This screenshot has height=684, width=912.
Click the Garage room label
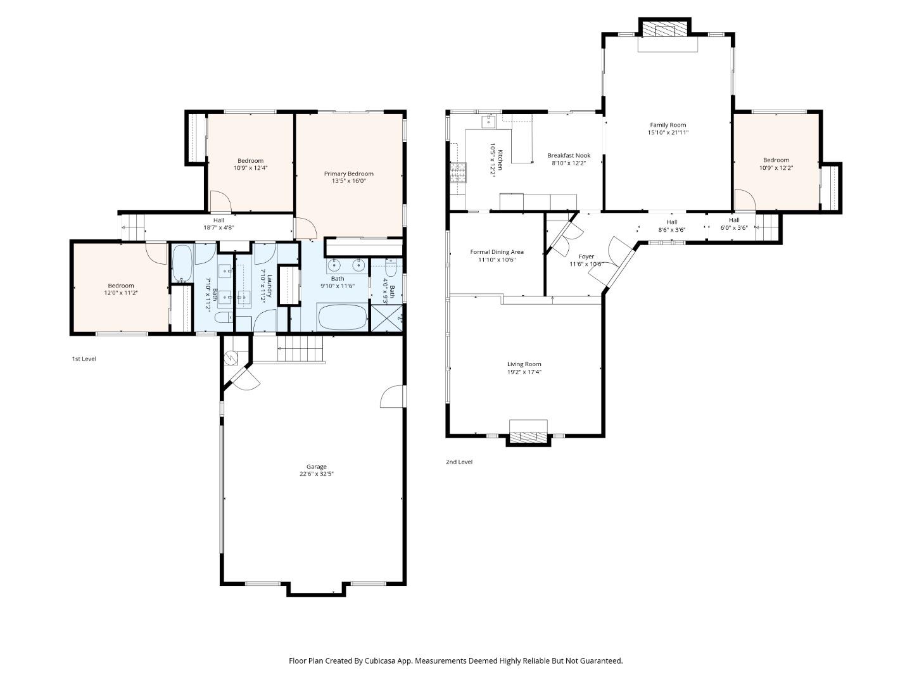tap(317, 467)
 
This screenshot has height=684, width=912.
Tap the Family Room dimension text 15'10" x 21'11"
tap(668, 133)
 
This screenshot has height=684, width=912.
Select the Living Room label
tap(524, 364)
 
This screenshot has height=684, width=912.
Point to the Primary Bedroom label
tap(348, 174)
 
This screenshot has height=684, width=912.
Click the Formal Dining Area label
tap(497, 252)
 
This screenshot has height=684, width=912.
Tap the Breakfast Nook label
tap(568, 155)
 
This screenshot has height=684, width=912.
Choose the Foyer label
tap(586, 256)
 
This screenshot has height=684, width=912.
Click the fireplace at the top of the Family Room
tap(665, 29)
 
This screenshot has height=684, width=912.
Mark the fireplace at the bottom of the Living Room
tap(528, 436)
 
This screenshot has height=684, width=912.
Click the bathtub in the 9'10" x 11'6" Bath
tap(342, 317)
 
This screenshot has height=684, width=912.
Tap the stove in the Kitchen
tap(457, 172)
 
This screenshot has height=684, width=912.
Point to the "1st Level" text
tap(84, 359)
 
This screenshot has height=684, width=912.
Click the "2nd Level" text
tap(459, 462)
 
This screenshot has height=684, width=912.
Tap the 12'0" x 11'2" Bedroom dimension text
tap(121, 293)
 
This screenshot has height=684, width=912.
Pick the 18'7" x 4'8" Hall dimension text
tap(218, 228)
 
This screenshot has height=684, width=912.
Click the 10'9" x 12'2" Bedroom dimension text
tap(776, 168)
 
